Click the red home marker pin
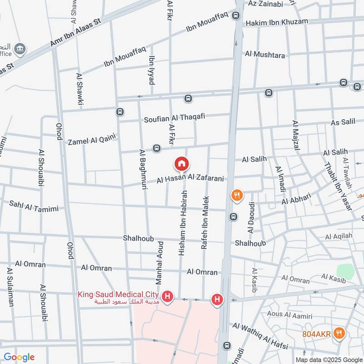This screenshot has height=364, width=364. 182,163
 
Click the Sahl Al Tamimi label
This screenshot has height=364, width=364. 34,206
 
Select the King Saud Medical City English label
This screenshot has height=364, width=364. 120,294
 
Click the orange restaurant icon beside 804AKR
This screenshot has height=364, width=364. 338,333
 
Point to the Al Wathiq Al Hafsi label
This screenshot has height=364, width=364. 260,336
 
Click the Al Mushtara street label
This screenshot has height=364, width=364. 265,55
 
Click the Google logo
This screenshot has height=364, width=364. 19,357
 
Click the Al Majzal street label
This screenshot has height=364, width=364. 296,136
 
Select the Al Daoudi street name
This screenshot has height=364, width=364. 251,218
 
